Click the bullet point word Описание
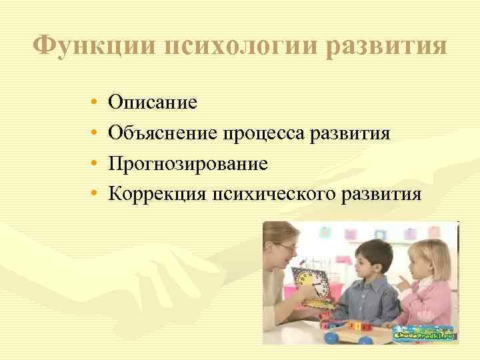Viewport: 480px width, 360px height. pos(153,103)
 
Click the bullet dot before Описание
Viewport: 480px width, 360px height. pos(94,104)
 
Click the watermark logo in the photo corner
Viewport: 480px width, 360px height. pos(423,333)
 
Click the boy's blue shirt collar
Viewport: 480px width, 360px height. pos(365,280)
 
